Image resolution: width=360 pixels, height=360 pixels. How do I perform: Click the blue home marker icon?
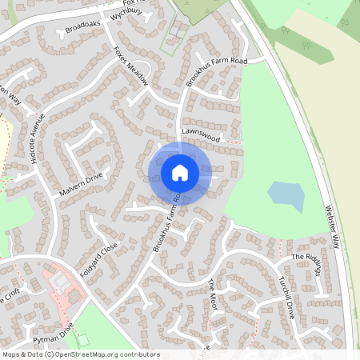pos(179,173)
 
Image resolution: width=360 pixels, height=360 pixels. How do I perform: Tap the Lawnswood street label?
pos(200,138)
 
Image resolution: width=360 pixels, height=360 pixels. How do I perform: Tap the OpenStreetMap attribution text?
pos(80,354)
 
